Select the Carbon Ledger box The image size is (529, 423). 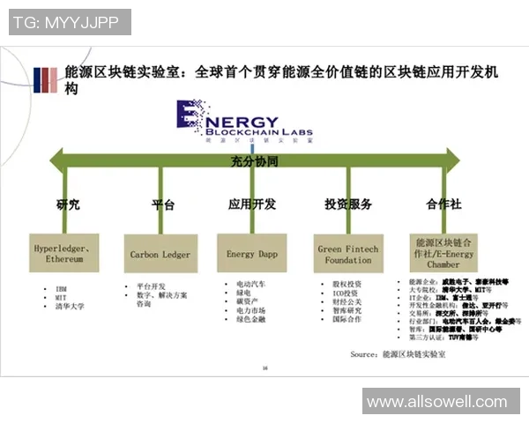[160, 255]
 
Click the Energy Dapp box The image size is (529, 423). [252, 254]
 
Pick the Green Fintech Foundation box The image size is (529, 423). [347, 254]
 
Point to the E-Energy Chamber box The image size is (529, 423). [443, 253]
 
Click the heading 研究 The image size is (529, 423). [68, 204]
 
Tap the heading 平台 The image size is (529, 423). [163, 204]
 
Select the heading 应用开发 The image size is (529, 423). [251, 204]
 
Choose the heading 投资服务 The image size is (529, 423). [347, 204]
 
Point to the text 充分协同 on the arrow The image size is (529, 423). [254, 162]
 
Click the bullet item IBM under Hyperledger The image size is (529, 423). [62, 288]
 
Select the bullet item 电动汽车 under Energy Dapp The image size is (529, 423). [251, 285]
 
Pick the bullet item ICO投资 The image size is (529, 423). [346, 293]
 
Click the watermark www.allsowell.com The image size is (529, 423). [437, 402]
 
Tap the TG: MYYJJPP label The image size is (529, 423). [70, 22]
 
